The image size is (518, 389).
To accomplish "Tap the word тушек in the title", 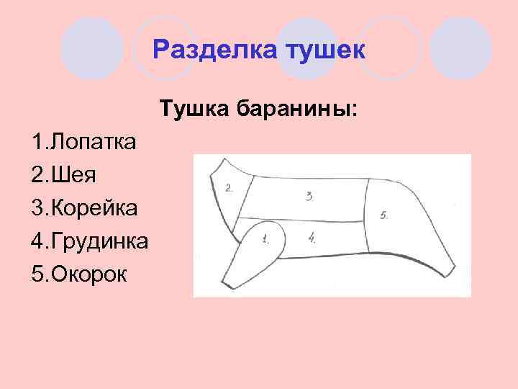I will pyautogui.click(x=327, y=50).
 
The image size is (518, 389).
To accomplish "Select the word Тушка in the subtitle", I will pyautogui.click(x=194, y=109).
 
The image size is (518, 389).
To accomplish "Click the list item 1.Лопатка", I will pyautogui.click(x=83, y=141).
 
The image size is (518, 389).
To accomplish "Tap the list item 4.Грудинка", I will pyautogui.click(x=90, y=241).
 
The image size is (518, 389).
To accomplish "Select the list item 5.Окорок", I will pyautogui.click(x=78, y=274).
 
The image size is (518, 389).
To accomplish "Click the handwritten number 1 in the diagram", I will pyautogui.click(x=265, y=237).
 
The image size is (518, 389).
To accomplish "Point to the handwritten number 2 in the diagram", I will pyautogui.click(x=229, y=189).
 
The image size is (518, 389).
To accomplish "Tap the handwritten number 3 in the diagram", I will pyautogui.click(x=309, y=195).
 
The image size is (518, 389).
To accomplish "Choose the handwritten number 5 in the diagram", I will pyautogui.click(x=383, y=214).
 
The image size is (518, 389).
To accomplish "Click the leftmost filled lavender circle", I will pyautogui.click(x=92, y=48).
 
